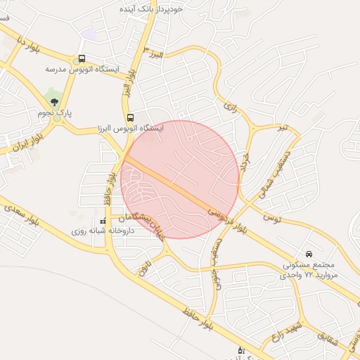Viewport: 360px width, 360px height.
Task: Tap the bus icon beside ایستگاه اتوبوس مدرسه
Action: [83, 59]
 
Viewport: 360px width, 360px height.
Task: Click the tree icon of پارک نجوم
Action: [54, 102]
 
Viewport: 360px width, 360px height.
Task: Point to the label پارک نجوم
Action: [56, 112]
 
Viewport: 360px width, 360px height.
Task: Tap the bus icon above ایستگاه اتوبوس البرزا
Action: [130, 118]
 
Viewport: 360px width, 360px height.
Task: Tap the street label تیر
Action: [283, 127]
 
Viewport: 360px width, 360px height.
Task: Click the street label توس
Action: [272, 219]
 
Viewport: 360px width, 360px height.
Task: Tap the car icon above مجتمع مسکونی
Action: [309, 254]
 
